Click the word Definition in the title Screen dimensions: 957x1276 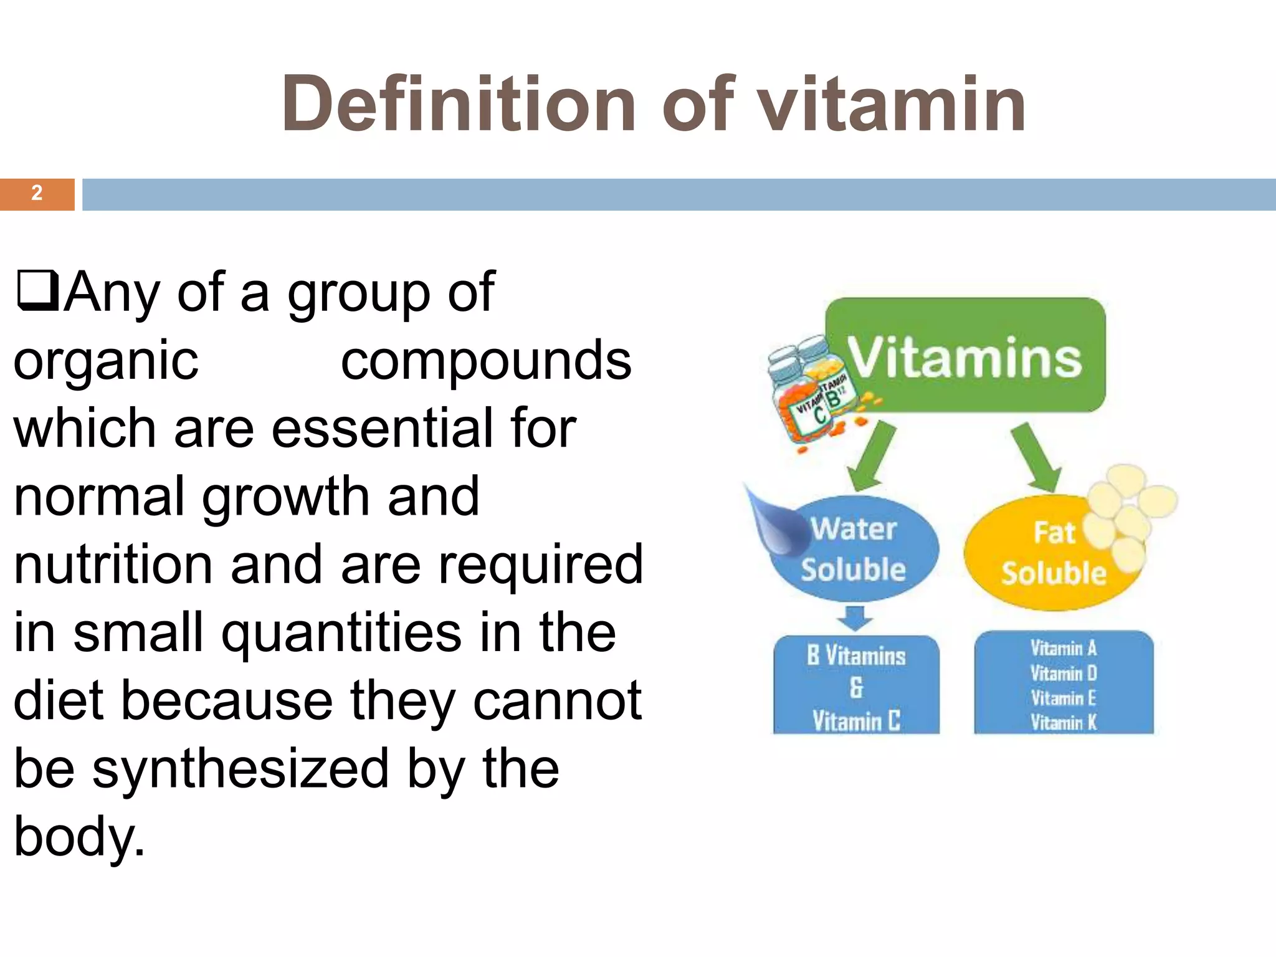[x=458, y=103]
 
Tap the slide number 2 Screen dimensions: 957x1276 [x=37, y=193]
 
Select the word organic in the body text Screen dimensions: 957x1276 [x=106, y=361]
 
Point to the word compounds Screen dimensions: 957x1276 [x=486, y=361]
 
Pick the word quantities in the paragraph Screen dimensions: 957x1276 [x=341, y=633]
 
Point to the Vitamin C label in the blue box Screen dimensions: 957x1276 [x=856, y=721]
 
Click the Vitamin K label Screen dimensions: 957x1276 [x=1063, y=723]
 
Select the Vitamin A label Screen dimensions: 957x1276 [x=1063, y=649]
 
